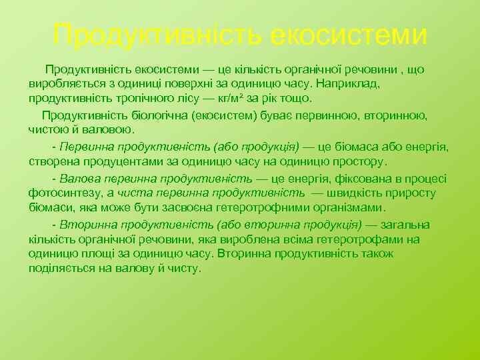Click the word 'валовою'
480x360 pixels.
tap(110, 129)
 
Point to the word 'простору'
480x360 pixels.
tap(354, 161)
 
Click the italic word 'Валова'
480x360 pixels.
tap(79, 178)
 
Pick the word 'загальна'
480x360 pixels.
tap(405, 225)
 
